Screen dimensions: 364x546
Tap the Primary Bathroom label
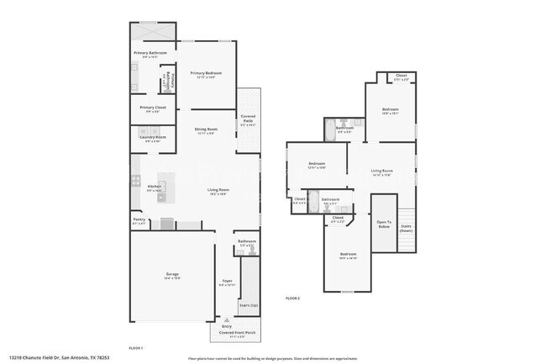[x=151, y=54]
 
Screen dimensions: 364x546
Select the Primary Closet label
[x=152, y=108]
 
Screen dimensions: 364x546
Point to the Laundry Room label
[x=152, y=137]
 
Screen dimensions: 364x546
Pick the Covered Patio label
[x=248, y=117]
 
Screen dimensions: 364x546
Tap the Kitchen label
[x=155, y=187]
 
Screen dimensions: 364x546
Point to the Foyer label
[x=227, y=281]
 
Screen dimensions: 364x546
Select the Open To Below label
[x=384, y=224]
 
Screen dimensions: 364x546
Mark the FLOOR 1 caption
[x=135, y=347]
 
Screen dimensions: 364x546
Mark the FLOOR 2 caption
[x=292, y=298]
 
